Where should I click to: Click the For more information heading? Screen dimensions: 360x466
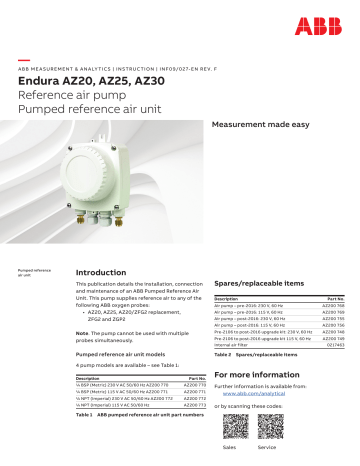tap(259, 373)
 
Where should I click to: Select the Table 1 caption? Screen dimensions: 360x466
tap(135, 413)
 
